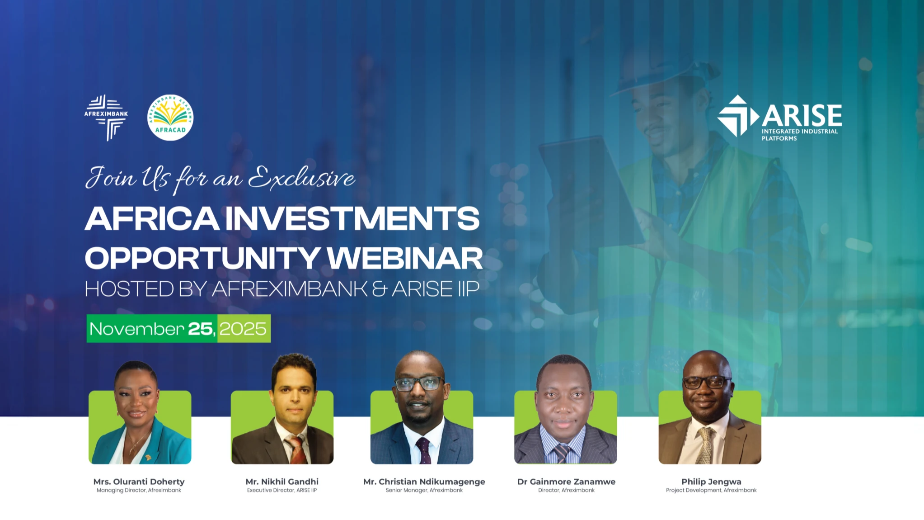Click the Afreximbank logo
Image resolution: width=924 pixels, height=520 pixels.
coord(106,117)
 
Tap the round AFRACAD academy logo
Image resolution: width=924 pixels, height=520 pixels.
coord(170,118)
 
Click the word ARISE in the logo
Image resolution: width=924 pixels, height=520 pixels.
coord(802,116)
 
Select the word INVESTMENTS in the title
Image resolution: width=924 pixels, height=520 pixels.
coord(352,218)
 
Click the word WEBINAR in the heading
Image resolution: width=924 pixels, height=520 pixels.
coord(404,258)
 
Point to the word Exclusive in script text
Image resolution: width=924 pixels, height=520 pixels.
coord(301,178)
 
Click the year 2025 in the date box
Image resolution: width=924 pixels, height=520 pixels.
coord(243,329)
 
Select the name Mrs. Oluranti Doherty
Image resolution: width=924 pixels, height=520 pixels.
coord(139,482)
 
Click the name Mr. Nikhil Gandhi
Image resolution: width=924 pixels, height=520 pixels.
coord(282,482)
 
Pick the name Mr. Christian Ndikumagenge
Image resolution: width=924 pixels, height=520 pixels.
coord(424,482)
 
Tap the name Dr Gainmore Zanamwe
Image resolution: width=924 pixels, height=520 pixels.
coord(566,482)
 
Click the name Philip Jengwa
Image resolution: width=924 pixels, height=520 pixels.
coord(711,482)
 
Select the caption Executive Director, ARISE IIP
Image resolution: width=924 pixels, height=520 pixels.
coord(282,490)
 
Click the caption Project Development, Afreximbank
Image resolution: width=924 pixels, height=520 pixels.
coord(711,490)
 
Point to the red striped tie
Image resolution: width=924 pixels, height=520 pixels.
coord(297,450)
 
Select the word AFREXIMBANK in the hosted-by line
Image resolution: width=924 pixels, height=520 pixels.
coord(290,289)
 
